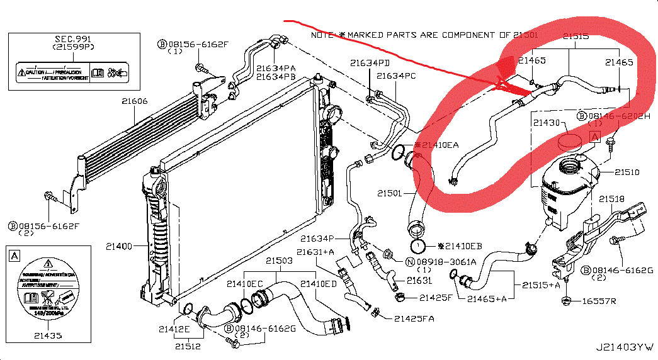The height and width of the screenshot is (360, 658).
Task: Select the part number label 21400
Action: click(119, 246)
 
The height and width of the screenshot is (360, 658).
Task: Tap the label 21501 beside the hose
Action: click(390, 193)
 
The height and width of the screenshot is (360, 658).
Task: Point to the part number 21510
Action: click(627, 171)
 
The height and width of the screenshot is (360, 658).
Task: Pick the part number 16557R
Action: click(599, 301)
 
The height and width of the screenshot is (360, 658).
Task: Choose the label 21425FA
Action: click(414, 318)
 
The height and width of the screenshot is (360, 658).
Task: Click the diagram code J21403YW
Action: click(625, 347)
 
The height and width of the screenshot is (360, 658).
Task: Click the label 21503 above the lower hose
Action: click(278, 261)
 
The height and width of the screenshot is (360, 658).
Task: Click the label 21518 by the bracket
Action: click(611, 199)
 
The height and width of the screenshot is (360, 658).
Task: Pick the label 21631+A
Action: click(319, 252)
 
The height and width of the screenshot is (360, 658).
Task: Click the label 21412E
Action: click(174, 328)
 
